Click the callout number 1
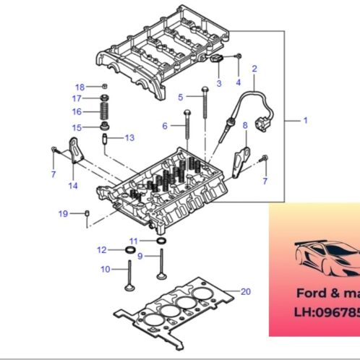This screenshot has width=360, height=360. coord(305,120)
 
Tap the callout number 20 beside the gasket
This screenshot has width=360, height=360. coord(246,291)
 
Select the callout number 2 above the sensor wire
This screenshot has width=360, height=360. coord(254,69)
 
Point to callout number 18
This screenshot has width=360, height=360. coord(80,86)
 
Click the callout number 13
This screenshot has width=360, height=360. coord(129,137)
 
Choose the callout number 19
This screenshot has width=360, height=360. coord(63,213)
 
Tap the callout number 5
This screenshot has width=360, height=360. coord(181,97)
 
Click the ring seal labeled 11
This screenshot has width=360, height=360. coord(160,240)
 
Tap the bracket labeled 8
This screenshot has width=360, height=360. coord(242,158)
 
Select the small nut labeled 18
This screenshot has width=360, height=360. coord(106,86)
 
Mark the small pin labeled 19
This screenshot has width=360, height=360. coord(87,213)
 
